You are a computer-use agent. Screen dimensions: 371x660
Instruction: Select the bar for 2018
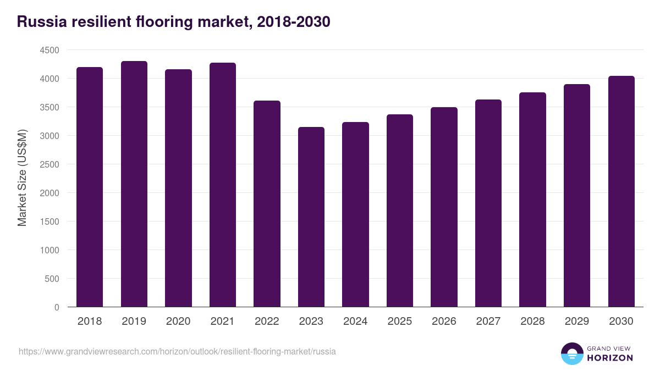click(90, 187)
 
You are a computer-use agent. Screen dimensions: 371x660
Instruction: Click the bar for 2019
click(134, 184)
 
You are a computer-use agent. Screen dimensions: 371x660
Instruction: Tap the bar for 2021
click(223, 185)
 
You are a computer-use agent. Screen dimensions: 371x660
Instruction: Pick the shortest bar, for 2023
click(311, 217)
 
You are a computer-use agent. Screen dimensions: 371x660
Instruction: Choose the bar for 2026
click(444, 207)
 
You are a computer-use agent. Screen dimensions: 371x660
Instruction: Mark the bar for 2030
click(621, 191)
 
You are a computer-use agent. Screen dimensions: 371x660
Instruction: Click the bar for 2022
click(267, 204)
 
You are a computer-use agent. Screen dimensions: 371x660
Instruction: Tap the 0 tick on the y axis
click(57, 307)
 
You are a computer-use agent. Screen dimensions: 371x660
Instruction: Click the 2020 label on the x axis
click(178, 322)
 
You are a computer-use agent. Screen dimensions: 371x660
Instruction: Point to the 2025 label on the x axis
click(400, 322)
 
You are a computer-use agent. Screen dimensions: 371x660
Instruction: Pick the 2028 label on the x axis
click(532, 322)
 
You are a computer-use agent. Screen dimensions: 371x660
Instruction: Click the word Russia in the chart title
click(40, 22)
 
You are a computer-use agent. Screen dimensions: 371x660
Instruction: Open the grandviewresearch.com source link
click(177, 351)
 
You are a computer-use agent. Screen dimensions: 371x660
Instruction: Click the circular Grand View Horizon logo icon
click(571, 353)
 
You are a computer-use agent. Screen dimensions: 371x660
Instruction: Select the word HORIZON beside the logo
click(610, 358)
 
